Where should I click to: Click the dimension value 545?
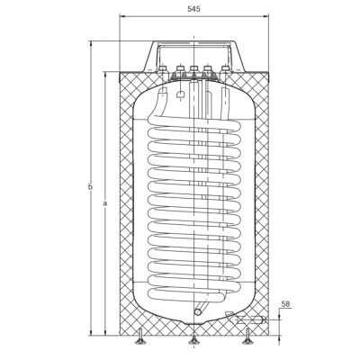[193, 9]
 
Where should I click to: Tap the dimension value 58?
[286, 304]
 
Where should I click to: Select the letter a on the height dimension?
[104, 204]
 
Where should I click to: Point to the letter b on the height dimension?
[90, 187]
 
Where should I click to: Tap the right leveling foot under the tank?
[247, 337]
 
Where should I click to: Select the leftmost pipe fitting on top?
[163, 69]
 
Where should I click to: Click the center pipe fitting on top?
[193, 69]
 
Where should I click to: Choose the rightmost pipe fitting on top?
[225, 69]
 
